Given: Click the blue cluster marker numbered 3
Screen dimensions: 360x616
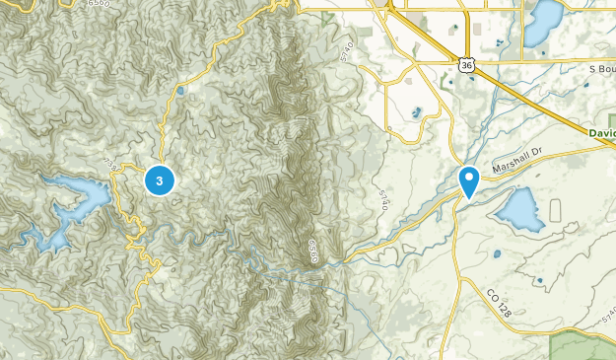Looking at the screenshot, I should [160, 180].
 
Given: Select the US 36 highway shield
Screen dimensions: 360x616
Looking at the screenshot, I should [467, 64].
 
